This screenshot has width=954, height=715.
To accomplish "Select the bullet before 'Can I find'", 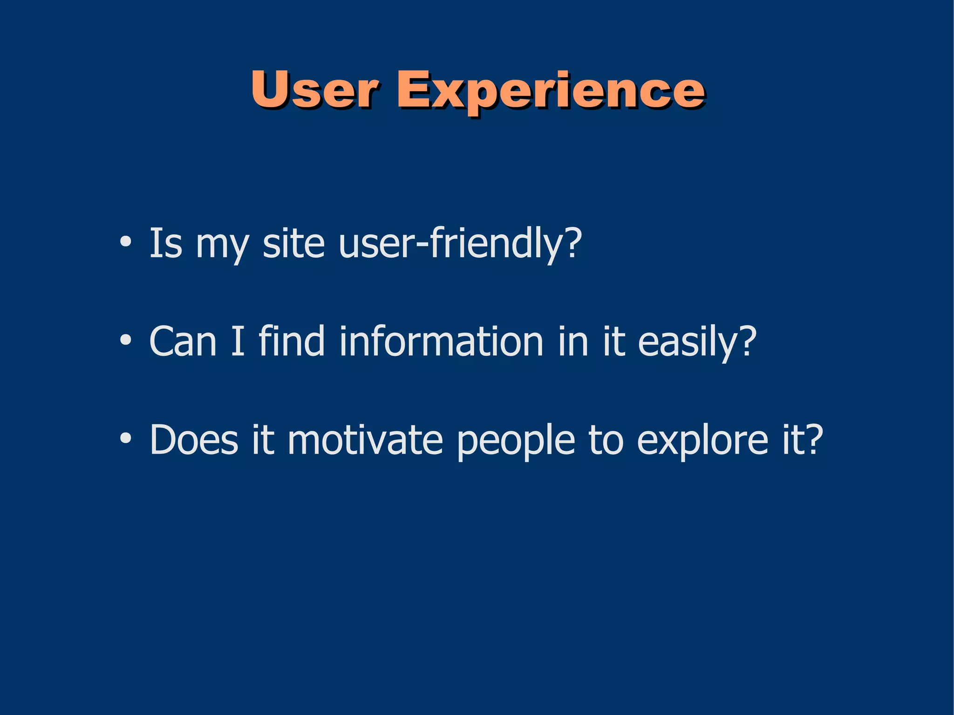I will (125, 340).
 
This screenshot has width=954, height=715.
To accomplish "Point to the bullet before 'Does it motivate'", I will (125, 439).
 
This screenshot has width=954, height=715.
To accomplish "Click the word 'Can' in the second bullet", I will (183, 341).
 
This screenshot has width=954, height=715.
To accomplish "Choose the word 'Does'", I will (193, 440).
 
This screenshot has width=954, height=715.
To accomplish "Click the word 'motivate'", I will (365, 440).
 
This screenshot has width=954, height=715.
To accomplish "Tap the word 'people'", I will (516, 442).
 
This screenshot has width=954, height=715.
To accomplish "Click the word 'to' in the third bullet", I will (606, 441).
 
